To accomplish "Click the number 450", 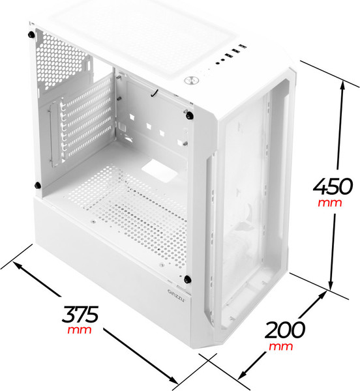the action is [333, 186].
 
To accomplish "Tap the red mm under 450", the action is [329, 203].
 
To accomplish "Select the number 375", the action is [80, 314].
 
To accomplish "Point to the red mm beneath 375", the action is [80, 330].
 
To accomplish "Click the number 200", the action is [284, 330].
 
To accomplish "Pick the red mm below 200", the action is [280, 347].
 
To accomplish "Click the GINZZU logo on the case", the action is [176, 295].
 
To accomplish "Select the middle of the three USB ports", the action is [235, 51].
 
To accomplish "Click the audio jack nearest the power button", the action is [218, 63].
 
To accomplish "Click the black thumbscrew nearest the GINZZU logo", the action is [187, 279].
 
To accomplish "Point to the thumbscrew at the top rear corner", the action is [31, 35].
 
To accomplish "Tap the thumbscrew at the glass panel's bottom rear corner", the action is [37, 185].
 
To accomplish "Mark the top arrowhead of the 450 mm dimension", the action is [343, 85].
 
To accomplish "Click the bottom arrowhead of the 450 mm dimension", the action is [331, 286].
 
